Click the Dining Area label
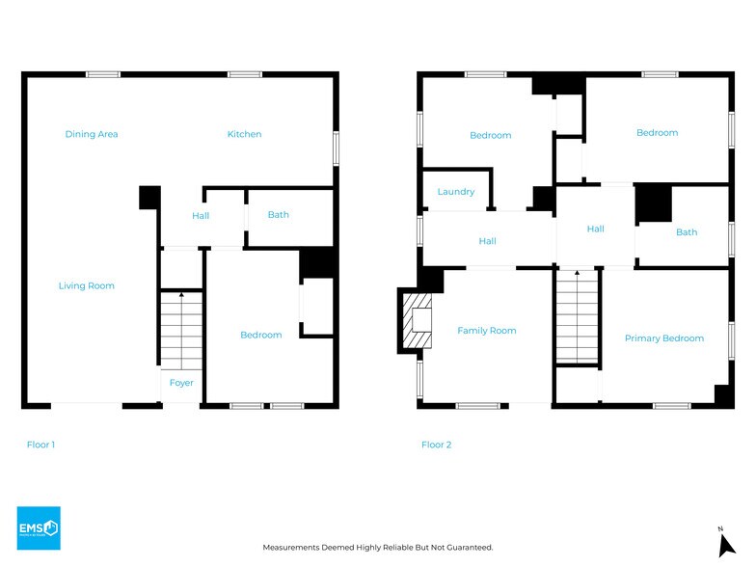click(92, 134)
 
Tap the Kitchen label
click(245, 134)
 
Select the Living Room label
click(87, 285)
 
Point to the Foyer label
click(181, 383)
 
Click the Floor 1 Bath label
click(278, 214)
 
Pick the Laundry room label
click(455, 192)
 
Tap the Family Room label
click(486, 331)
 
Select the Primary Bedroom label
click(663, 338)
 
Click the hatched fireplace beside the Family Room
click(417, 320)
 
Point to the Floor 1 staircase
click(181, 331)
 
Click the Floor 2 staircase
click(577, 316)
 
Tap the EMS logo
click(39, 528)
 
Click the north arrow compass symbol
click(726, 543)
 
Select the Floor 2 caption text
click(436, 445)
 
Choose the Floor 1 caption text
click(40, 445)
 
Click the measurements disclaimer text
click(378, 548)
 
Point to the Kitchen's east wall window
click(336, 148)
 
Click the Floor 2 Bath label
click(687, 232)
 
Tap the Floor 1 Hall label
click(201, 216)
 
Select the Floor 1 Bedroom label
click(260, 335)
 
